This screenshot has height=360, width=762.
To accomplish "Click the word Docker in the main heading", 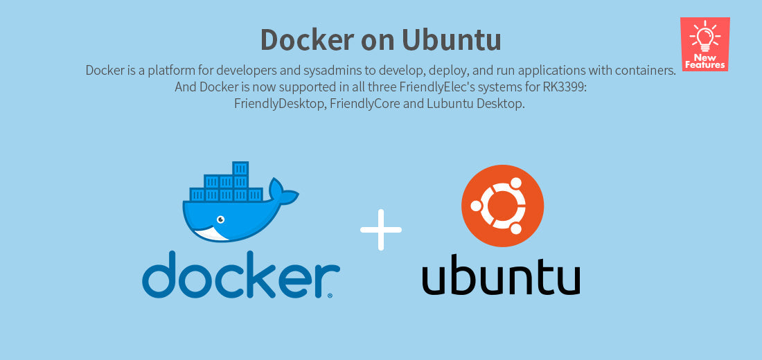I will pos(305,39).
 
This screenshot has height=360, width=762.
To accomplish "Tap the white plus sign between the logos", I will pos(381,229).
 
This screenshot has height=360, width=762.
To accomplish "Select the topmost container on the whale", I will pos(240,168).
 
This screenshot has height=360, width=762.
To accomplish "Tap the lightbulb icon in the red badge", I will pos(705,35).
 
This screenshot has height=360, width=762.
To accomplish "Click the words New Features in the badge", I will pos(705,61).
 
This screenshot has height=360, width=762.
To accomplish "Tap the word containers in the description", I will pos(644,71).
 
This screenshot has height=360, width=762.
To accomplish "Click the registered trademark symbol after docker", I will pos(329,295).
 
